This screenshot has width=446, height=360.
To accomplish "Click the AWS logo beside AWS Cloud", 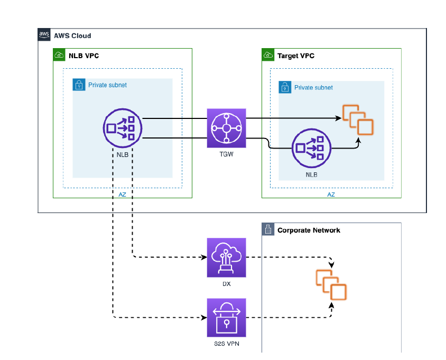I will pyautogui.click(x=44, y=35).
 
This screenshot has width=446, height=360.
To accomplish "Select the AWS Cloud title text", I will pyautogui.click(x=72, y=36).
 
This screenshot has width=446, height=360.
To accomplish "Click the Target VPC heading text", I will pyautogui.click(x=296, y=56).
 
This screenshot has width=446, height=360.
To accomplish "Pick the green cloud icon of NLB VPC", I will pyautogui.click(x=59, y=55).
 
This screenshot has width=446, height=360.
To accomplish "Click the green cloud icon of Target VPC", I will pyautogui.click(x=268, y=55).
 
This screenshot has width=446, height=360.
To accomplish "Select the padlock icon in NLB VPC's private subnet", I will pyautogui.click(x=79, y=85).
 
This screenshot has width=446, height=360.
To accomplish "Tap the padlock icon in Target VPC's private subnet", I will pyautogui.click(x=285, y=87).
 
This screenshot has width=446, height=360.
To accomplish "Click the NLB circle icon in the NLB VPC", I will pyautogui.click(x=122, y=128).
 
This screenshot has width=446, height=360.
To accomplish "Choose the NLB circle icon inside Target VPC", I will pyautogui.click(x=311, y=148).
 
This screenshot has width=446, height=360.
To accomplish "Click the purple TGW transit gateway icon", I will pyautogui.click(x=226, y=128).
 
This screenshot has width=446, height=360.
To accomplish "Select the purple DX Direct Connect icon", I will pyautogui.click(x=226, y=257).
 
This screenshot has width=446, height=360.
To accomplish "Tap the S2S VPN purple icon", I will pyautogui.click(x=226, y=317).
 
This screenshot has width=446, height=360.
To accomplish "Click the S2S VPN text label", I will pyautogui.click(x=226, y=344).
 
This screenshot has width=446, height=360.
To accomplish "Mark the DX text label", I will pyautogui.click(x=226, y=284).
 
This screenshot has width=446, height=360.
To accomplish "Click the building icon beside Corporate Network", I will pyautogui.click(x=268, y=230).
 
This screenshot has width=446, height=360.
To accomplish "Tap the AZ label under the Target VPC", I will pyautogui.click(x=331, y=195).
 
